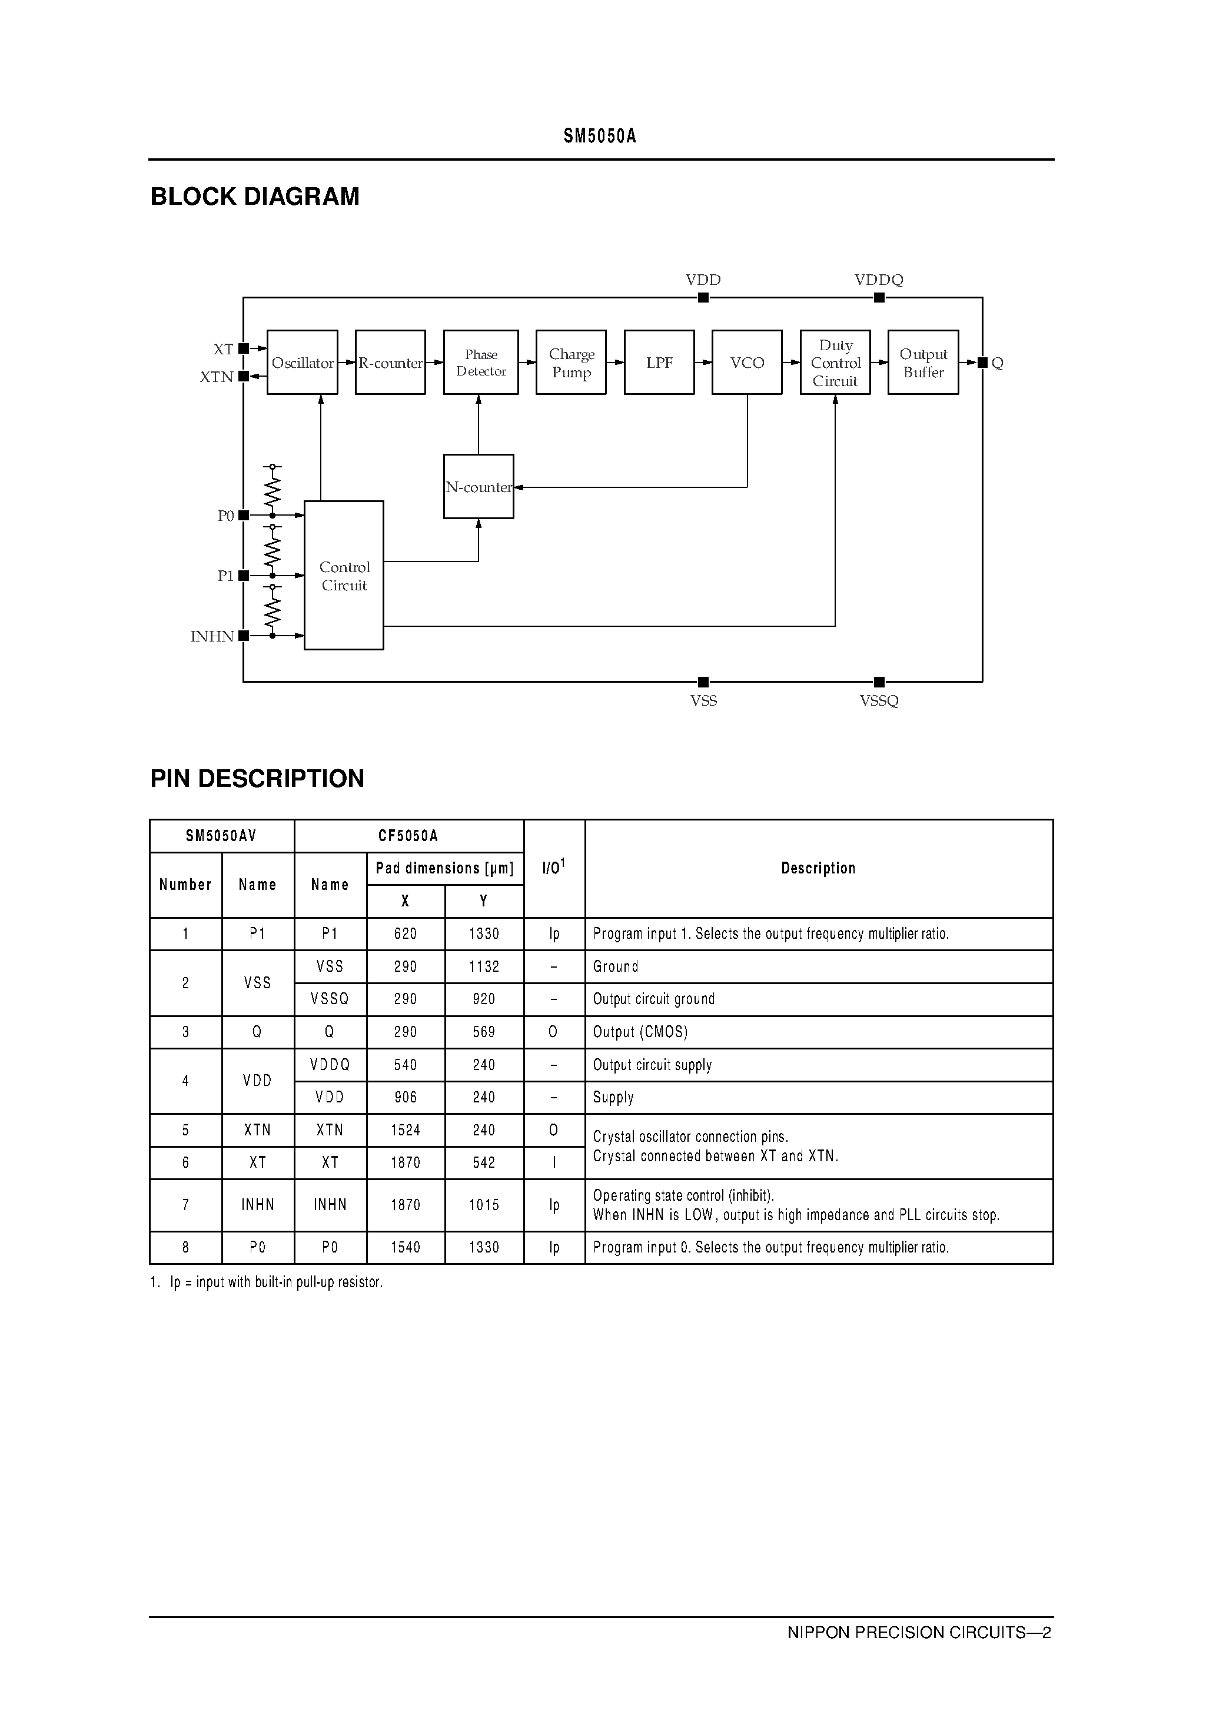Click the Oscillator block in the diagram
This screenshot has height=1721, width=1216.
tap(302, 363)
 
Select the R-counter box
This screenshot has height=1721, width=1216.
tap(390, 363)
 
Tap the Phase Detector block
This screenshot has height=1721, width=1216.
tap(480, 363)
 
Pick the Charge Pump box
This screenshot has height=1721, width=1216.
tap(570, 363)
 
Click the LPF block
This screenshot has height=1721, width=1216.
tap(659, 363)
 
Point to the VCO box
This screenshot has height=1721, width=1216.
tap(747, 363)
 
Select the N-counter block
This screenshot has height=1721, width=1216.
tap(479, 487)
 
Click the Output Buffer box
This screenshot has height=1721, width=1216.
tap(923, 363)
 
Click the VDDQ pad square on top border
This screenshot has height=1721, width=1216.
tap(879, 298)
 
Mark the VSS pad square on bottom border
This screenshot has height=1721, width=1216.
tap(703, 682)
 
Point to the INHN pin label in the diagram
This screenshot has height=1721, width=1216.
tap(212, 636)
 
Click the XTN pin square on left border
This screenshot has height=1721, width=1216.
tap(244, 376)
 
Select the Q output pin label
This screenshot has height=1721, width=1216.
tap(997, 363)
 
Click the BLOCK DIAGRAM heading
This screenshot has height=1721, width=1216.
tap(255, 197)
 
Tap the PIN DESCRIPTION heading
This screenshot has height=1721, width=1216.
tap(257, 778)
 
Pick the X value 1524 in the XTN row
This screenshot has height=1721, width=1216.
tap(406, 1129)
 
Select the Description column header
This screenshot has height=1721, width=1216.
tap(818, 868)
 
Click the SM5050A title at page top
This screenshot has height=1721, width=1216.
tap(600, 136)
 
